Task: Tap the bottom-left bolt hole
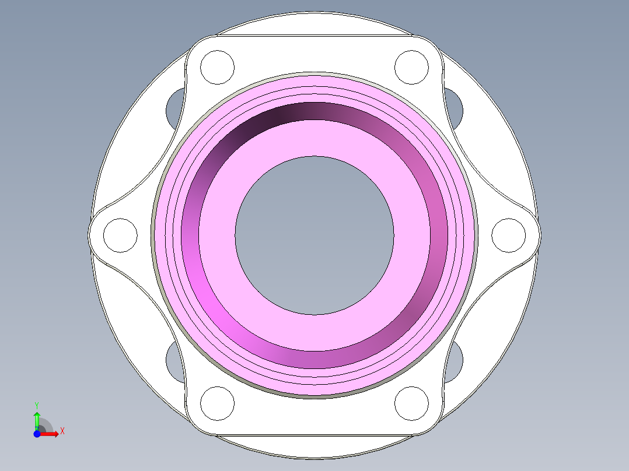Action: tap(217, 403)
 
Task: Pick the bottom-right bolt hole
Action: tap(412, 403)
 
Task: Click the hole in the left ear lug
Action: tap(120, 235)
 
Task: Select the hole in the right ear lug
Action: tap(509, 235)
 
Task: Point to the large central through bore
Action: tap(314, 235)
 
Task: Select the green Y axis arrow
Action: tap(37, 420)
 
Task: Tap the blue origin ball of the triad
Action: tap(37, 434)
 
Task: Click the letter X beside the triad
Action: tap(62, 431)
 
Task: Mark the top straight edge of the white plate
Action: tap(314, 36)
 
